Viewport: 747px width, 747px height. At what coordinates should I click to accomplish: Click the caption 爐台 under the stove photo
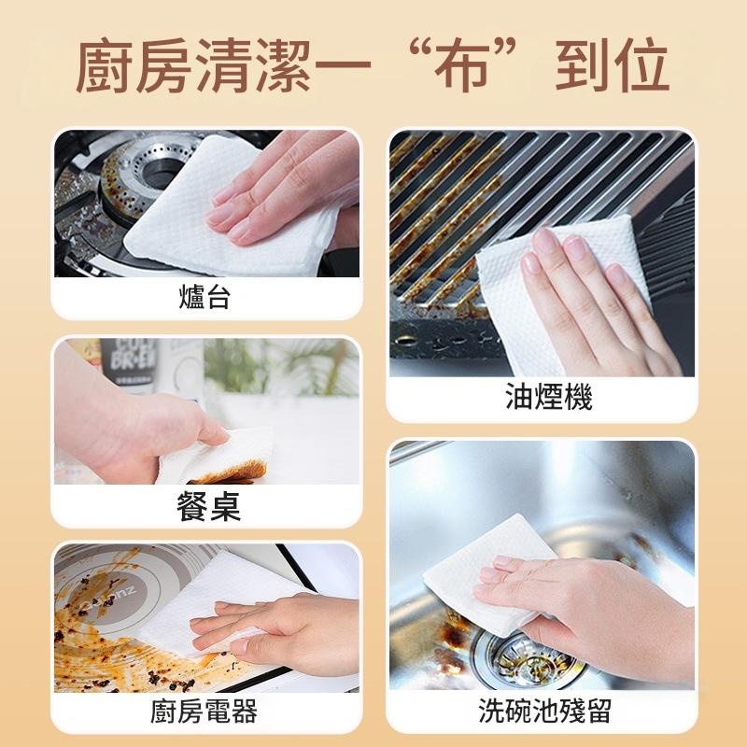click(x=204, y=297)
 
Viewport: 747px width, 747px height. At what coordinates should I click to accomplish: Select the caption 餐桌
click(x=208, y=506)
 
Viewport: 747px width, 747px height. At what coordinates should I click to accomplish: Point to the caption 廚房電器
click(x=204, y=712)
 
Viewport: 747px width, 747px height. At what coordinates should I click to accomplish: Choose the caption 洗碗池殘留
click(x=544, y=711)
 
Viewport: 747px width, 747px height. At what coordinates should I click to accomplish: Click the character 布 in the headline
click(x=461, y=65)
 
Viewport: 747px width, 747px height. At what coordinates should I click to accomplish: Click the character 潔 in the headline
click(x=284, y=65)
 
